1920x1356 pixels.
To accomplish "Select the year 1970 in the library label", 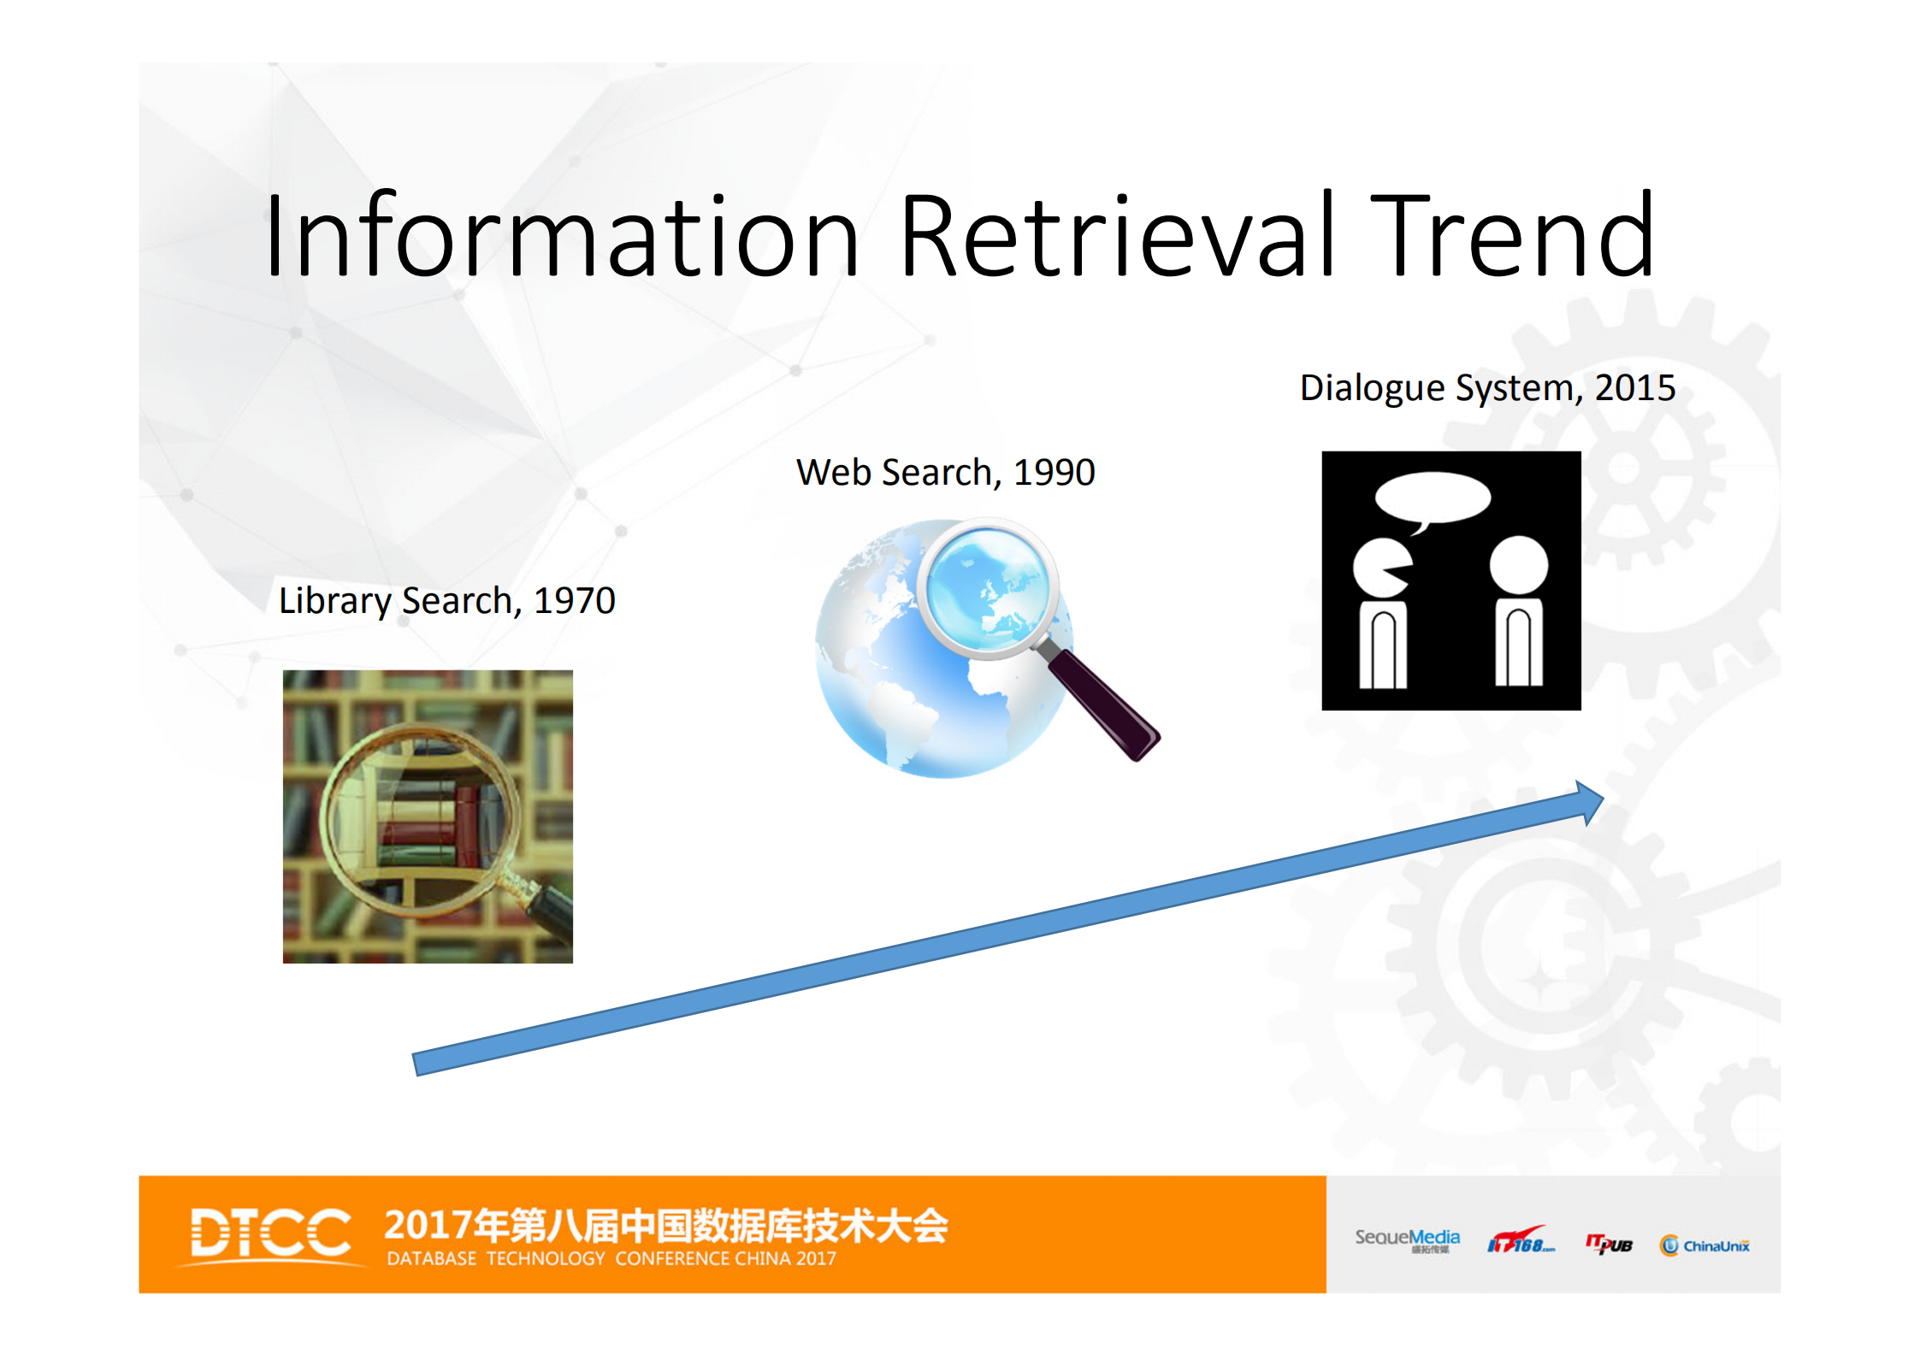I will [574, 601].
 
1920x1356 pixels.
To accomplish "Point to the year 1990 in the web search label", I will [1054, 473].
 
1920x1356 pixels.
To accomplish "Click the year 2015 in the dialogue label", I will [1634, 388].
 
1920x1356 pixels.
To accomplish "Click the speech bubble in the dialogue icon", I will [1433, 498].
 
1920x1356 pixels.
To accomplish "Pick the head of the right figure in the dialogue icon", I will [1518, 565].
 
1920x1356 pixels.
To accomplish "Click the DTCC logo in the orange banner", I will [270, 1234].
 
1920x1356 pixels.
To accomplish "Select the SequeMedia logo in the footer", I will [1407, 1240].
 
